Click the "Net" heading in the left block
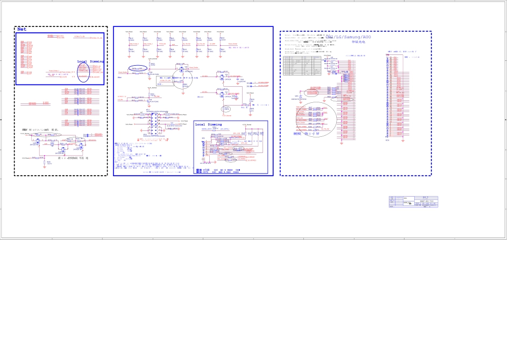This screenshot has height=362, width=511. coord(22,29)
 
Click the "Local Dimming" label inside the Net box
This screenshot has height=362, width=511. coord(90,61)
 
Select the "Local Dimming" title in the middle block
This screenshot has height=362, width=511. coord(208,124)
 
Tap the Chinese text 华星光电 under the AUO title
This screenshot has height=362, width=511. coord(358,42)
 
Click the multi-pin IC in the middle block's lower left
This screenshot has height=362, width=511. coord(157,119)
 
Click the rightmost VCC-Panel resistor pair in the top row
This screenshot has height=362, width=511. coord(221,43)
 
